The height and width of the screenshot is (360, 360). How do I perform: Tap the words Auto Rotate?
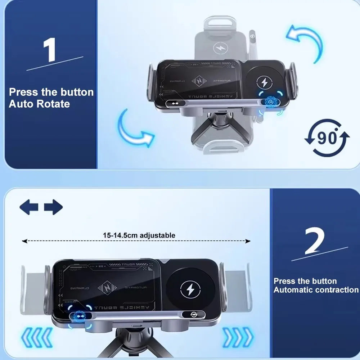(39, 104)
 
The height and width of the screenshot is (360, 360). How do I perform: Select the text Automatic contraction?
(316, 290)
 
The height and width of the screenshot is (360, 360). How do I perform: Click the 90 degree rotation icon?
(327, 138)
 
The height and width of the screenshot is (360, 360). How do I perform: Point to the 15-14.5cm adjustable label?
(139, 235)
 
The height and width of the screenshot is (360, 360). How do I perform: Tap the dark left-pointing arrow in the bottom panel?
(29, 207)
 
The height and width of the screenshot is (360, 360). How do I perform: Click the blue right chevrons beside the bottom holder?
(238, 337)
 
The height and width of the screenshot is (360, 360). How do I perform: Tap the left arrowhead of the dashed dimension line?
(24, 241)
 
